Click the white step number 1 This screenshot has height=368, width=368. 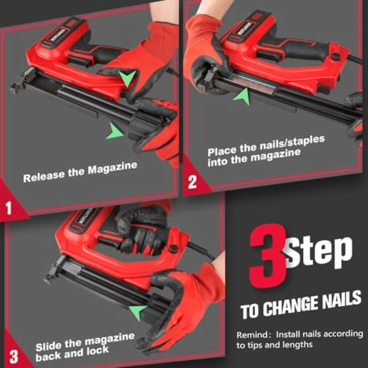pyautogui.click(x=9, y=208)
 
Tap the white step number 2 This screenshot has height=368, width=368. pyautogui.click(x=192, y=182)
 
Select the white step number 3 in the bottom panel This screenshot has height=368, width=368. pyautogui.click(x=13, y=357)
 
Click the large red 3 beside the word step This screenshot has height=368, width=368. pyautogui.click(x=268, y=256)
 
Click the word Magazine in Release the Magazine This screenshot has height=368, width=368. pyautogui.click(x=112, y=168)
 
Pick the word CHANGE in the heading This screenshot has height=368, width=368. pyautogui.click(x=291, y=306)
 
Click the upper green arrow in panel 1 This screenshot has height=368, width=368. pyautogui.click(x=127, y=77)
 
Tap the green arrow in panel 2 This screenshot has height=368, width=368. pyautogui.click(x=242, y=96)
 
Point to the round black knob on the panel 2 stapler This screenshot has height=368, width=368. pyautogui.click(x=336, y=57)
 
